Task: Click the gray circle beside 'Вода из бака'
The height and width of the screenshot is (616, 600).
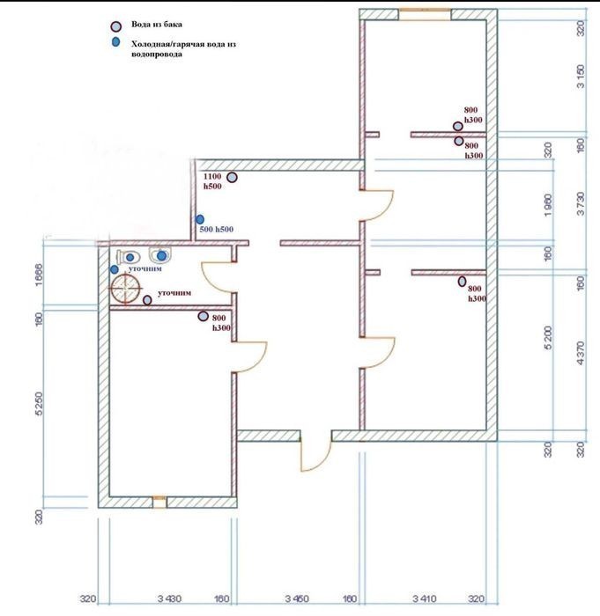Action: [115, 27]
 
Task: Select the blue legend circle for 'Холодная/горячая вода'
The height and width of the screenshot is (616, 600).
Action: [115, 42]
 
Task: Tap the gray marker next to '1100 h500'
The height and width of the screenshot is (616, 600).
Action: [232, 178]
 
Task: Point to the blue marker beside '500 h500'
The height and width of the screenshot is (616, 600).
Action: [200, 219]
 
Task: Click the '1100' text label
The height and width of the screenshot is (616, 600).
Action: [211, 176]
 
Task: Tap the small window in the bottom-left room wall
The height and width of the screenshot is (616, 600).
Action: [159, 502]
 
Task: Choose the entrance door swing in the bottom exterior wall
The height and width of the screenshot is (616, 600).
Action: [315, 452]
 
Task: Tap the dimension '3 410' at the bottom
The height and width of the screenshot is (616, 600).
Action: [422, 600]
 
